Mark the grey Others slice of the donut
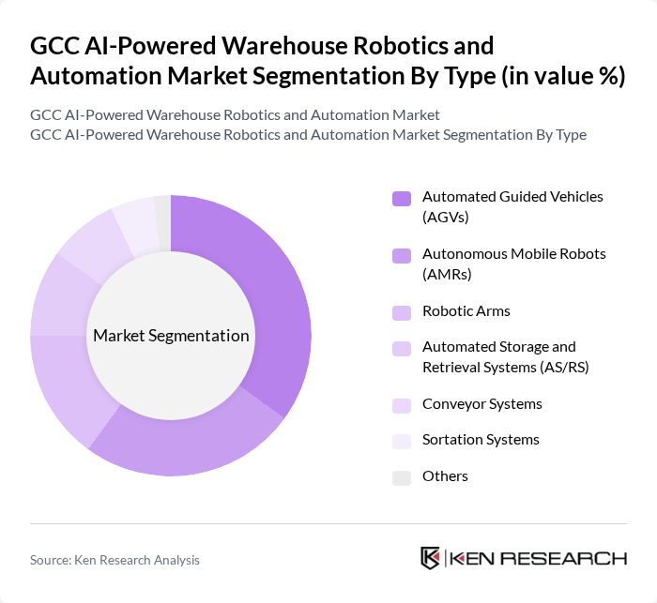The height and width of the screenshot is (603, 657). tap(162, 223)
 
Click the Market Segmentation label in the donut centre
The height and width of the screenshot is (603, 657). tap(171, 336)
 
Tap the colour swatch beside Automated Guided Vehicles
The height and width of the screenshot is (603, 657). tap(402, 198)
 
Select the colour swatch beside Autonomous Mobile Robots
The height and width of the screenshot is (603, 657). tap(402, 255)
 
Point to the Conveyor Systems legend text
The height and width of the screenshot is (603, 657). tap(481, 403)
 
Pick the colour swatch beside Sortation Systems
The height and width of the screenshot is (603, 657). tap(402, 441)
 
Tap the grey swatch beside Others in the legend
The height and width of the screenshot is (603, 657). tap(402, 477)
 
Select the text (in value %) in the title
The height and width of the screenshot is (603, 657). tap(563, 76)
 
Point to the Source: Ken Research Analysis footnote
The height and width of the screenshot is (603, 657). tap(115, 560)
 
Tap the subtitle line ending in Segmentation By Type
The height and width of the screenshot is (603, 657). tap(308, 134)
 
